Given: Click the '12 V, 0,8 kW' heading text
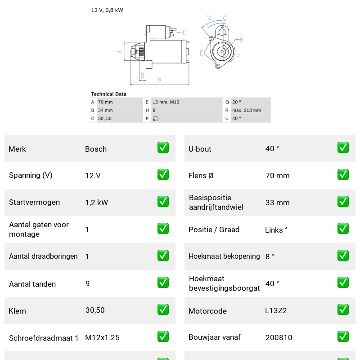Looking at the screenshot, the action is click(107, 10).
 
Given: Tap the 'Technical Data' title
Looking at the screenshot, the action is click(108, 94).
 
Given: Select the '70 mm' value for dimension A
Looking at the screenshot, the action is click(105, 102).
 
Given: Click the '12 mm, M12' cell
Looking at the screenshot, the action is click(166, 102).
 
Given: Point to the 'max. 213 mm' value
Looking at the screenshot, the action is click(247, 110).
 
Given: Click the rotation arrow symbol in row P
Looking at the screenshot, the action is click(156, 119).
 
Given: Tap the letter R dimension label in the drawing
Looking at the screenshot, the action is click(160, 80).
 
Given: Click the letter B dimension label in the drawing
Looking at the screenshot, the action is click(142, 75).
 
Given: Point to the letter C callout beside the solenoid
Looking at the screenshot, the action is click(184, 32).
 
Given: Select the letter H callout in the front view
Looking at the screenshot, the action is click(241, 40).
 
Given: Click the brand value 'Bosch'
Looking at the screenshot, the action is click(96, 149).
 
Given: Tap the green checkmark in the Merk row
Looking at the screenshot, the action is click(163, 148).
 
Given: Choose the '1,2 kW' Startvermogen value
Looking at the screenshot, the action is click(96, 202).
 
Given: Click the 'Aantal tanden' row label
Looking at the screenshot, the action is click(32, 284).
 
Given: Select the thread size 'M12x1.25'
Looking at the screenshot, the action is click(103, 337).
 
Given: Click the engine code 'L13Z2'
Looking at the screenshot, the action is click(276, 310).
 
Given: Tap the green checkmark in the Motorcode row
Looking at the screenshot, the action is click(343, 309).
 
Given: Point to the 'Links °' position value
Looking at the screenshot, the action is click(276, 230).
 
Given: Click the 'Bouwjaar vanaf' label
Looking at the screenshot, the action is click(215, 337).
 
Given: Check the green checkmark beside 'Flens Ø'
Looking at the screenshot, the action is click(343, 175).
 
